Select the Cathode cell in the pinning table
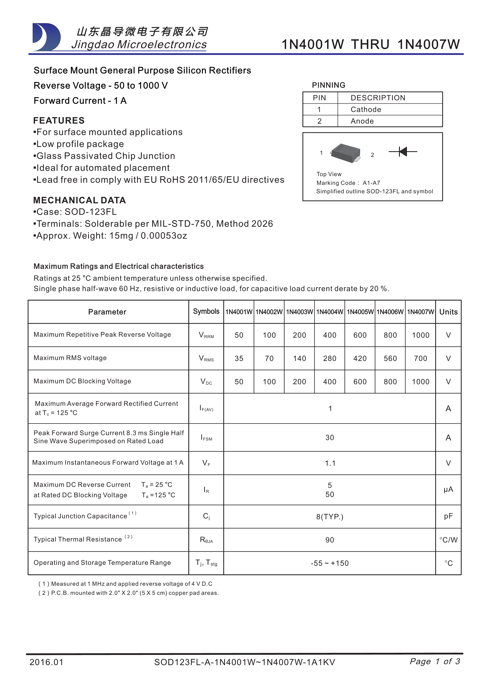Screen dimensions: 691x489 tap(366, 110)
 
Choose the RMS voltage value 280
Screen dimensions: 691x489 tap(330, 358)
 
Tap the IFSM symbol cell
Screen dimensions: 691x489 tap(206, 438)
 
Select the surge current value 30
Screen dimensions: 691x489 tap(330, 438)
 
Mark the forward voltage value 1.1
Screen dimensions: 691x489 tap(330, 463)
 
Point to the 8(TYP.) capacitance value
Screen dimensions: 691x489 tap(330, 517)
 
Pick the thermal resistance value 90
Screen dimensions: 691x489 tap(330, 540)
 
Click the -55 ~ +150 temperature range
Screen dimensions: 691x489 tap(330, 563)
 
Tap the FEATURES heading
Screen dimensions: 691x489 tap(59, 120)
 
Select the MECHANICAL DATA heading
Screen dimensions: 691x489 tap(79, 200)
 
